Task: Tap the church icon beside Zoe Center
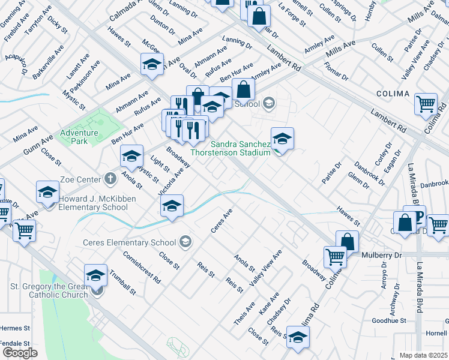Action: [110, 178]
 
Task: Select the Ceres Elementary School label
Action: [130, 242]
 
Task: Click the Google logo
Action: [20, 352]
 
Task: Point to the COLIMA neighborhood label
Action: [393, 94]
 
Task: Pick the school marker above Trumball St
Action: [95, 275]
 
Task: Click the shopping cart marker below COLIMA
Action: [426, 104]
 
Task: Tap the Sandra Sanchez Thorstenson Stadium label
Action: [231, 148]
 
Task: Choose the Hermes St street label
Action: [15, 328]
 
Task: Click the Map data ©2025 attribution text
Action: [424, 355]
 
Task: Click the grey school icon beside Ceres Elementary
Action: [186, 242]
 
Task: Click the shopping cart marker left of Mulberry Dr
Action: [335, 257]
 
